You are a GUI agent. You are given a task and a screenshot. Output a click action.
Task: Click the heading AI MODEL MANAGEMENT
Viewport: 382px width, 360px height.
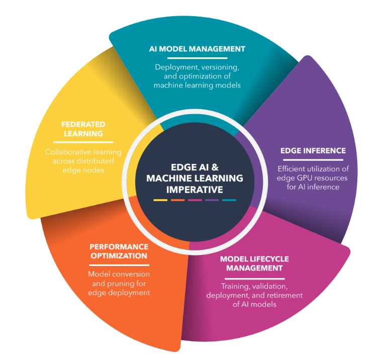point(197,49)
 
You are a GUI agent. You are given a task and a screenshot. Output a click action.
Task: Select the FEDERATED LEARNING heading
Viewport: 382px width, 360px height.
point(83,129)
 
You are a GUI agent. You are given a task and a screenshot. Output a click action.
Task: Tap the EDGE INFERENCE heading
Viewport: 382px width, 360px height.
point(313,150)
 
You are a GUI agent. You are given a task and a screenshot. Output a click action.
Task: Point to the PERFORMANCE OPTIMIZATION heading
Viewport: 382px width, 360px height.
point(119,251)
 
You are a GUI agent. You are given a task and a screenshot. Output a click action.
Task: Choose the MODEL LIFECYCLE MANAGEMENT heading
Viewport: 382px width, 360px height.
point(254,263)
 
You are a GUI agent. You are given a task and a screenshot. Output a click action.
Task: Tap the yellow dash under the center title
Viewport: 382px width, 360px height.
point(160,200)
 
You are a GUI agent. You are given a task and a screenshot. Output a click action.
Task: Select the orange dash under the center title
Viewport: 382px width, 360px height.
point(177,200)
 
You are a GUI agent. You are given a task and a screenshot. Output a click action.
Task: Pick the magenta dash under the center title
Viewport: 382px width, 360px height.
point(195,200)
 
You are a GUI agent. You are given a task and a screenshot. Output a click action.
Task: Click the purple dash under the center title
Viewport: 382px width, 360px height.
point(212,200)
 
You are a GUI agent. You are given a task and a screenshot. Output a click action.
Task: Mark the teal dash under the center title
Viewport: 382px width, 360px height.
point(229,200)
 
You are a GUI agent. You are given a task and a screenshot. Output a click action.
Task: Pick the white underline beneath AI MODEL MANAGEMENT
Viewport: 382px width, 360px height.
point(197,58)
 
